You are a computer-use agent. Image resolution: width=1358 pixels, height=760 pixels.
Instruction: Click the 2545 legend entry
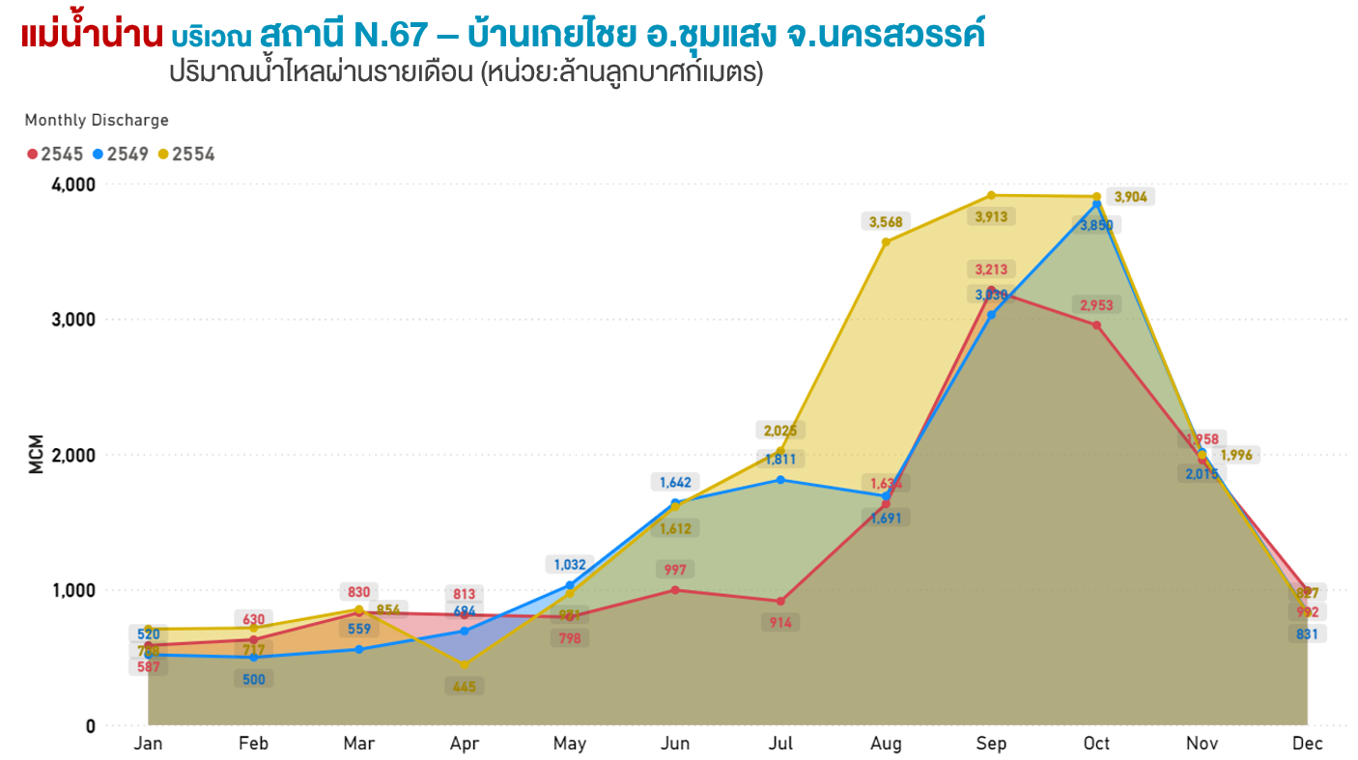tap(55, 154)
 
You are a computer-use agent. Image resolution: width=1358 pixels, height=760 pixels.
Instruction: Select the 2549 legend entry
tap(121, 154)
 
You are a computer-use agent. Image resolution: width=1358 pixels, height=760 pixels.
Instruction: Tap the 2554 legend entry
tap(186, 154)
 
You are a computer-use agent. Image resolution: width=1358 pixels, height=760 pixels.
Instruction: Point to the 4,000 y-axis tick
tap(73, 184)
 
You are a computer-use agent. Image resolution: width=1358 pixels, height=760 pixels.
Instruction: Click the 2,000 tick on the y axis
tap(73, 455)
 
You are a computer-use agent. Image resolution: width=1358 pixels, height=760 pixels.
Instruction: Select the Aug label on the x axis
tap(886, 744)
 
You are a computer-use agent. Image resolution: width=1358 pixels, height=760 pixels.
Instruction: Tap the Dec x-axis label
tap(1307, 744)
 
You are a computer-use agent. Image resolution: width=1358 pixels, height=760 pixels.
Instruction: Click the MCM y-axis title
tap(36, 455)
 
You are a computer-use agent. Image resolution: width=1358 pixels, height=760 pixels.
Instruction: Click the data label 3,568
tap(886, 222)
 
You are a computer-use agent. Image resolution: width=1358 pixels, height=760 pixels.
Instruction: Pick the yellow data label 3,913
tap(991, 217)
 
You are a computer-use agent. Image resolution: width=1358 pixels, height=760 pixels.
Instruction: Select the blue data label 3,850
tap(1096, 225)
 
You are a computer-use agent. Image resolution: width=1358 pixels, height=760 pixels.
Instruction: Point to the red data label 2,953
tap(1096, 305)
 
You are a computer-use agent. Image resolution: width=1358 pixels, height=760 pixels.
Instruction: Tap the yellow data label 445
tap(465, 687)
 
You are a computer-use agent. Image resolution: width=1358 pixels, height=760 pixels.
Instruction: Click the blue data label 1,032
tap(570, 564)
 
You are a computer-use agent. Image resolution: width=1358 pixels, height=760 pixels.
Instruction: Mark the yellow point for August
tap(886, 241)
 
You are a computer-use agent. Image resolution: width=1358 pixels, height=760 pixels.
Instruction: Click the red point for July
tap(780, 602)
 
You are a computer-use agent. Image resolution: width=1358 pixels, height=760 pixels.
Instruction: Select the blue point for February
tap(254, 658)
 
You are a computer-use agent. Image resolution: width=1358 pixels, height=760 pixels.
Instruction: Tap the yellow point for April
tap(465, 664)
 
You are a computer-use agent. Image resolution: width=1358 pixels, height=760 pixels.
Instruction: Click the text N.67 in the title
tap(390, 36)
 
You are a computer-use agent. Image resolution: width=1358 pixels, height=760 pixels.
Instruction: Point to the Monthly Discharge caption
tap(97, 120)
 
